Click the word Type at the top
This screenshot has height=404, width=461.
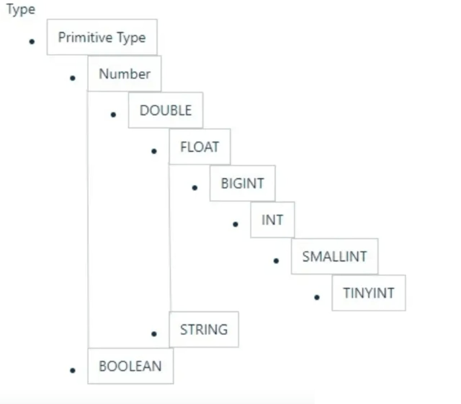(21, 9)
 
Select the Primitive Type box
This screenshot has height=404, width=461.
(102, 37)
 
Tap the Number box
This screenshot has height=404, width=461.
(125, 74)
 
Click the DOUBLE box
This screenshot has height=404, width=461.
(166, 110)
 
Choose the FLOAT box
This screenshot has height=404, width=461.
(200, 147)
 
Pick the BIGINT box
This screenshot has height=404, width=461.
(242, 183)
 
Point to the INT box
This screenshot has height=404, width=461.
(272, 220)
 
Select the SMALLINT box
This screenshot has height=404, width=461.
(335, 257)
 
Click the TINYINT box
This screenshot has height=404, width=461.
(368, 293)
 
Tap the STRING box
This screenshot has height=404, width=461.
(204, 330)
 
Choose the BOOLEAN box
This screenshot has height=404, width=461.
(130, 366)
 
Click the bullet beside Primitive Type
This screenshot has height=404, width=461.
(32, 42)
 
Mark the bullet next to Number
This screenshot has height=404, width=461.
(73, 78)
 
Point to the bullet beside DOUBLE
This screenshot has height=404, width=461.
(113, 115)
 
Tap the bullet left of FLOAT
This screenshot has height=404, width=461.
(154, 151)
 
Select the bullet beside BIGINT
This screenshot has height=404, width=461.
(195, 188)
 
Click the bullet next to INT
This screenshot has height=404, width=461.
(236, 224)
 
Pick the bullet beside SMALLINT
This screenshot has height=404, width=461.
(276, 261)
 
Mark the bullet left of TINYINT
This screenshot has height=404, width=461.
(317, 298)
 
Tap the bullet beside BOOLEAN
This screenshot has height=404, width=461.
(73, 370)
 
